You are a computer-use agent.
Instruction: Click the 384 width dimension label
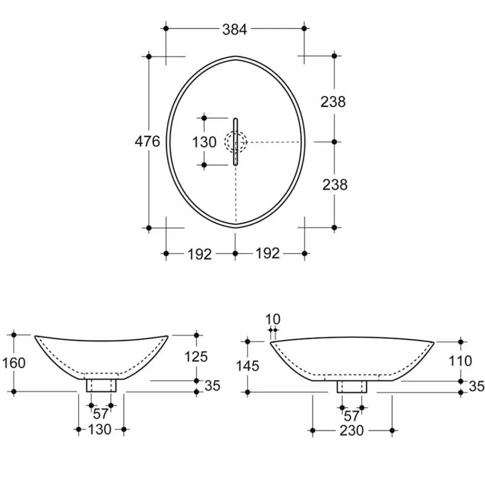[235, 30]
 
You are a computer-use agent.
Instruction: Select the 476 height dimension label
[147, 141]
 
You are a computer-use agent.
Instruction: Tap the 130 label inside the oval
[204, 142]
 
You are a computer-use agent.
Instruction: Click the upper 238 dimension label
[333, 102]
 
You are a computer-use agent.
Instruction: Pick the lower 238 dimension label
[335, 185]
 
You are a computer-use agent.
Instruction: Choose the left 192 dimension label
[200, 254]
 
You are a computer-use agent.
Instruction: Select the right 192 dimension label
[268, 253]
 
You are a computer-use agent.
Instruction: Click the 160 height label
[14, 363]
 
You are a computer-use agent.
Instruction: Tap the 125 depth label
[196, 356]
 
